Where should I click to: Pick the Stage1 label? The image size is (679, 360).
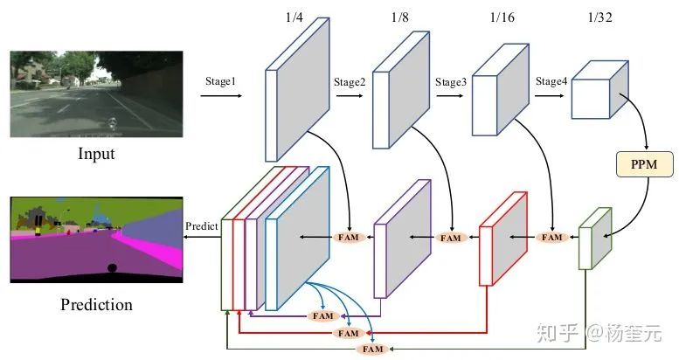click(221, 80)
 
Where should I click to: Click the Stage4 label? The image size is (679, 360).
click(551, 81)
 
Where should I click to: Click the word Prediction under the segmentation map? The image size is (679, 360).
click(96, 305)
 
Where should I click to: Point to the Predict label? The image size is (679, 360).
click(202, 226)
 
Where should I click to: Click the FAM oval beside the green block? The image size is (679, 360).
click(551, 237)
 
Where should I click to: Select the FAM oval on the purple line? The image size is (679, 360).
click(324, 315)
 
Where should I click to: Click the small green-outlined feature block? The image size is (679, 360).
click(592, 238)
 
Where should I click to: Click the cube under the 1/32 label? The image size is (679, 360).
click(599, 92)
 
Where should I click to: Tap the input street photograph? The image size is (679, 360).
click(96, 93)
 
